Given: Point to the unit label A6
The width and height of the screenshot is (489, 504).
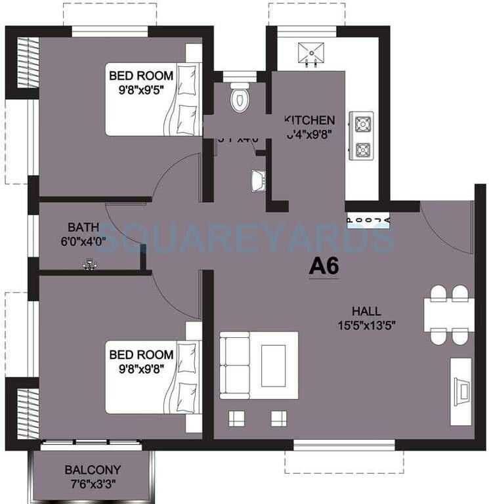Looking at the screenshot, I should pos(324,267).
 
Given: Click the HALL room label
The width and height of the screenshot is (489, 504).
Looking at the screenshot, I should pos(366,312).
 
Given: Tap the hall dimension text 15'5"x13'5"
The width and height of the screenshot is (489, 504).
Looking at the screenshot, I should pos(366,324).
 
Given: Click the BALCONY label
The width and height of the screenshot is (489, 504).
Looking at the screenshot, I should pos(93,470).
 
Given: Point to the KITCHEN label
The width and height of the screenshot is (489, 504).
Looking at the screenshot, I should pos(310,121).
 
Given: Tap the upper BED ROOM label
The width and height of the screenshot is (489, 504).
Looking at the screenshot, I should pos(137,75).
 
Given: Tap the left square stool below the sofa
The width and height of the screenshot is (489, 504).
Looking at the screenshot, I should pos(237,418).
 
